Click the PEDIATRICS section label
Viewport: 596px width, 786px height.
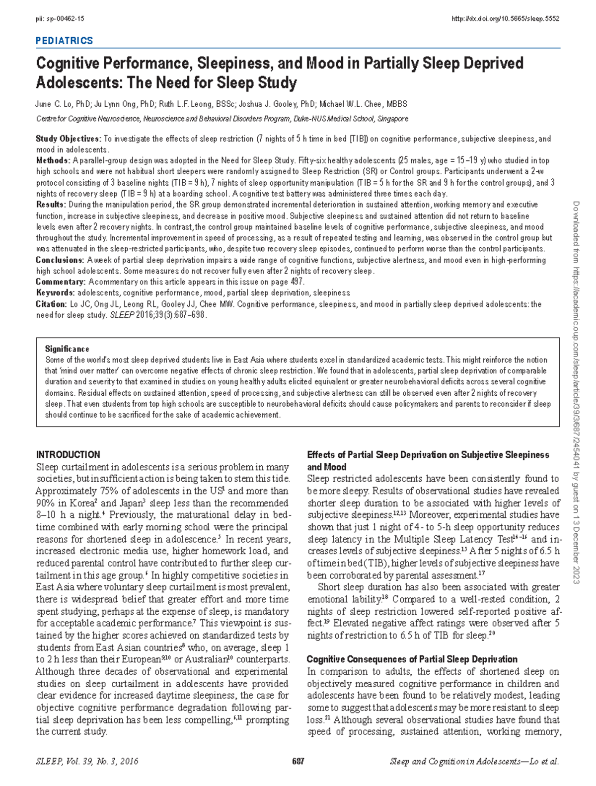(64, 41)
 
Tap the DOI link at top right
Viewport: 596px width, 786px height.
(505, 19)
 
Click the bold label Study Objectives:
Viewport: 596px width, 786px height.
(68, 139)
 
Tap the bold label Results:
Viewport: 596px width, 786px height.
(51, 205)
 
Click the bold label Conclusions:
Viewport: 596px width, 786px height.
(60, 260)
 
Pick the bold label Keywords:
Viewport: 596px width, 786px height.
(55, 293)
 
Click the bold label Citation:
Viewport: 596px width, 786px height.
(51, 304)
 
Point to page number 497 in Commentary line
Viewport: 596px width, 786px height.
(297, 282)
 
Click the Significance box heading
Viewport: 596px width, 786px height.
(67, 349)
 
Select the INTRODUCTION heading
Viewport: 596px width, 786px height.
(68, 454)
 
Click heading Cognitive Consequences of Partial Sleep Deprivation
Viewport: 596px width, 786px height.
(412, 659)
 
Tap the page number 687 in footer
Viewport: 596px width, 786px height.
(298, 761)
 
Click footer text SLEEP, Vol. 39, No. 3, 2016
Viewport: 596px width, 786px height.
(87, 761)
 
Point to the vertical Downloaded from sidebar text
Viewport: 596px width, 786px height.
(576, 392)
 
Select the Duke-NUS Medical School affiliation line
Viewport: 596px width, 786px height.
(222, 119)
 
